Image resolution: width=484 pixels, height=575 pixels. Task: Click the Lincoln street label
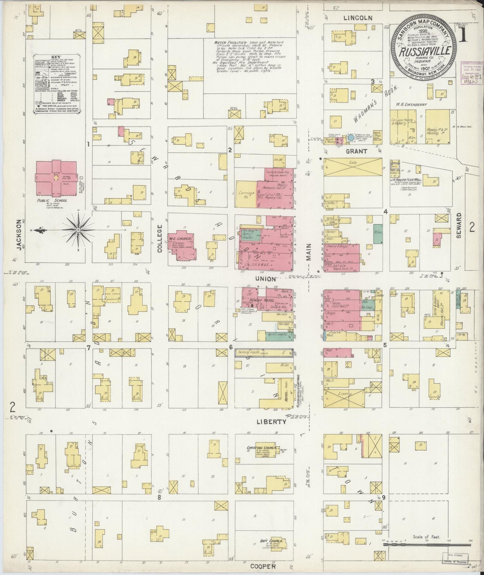click(x=357, y=18)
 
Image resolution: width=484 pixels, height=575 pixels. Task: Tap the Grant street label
click(x=356, y=151)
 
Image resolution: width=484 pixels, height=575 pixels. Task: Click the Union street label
click(x=265, y=279)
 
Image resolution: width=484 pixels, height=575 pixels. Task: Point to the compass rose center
click(x=78, y=230)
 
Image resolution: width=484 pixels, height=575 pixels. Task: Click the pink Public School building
click(x=56, y=178)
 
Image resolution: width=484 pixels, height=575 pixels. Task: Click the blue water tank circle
click(x=350, y=137)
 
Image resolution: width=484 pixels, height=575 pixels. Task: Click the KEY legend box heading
click(x=57, y=57)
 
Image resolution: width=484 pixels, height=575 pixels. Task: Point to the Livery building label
click(x=347, y=395)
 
